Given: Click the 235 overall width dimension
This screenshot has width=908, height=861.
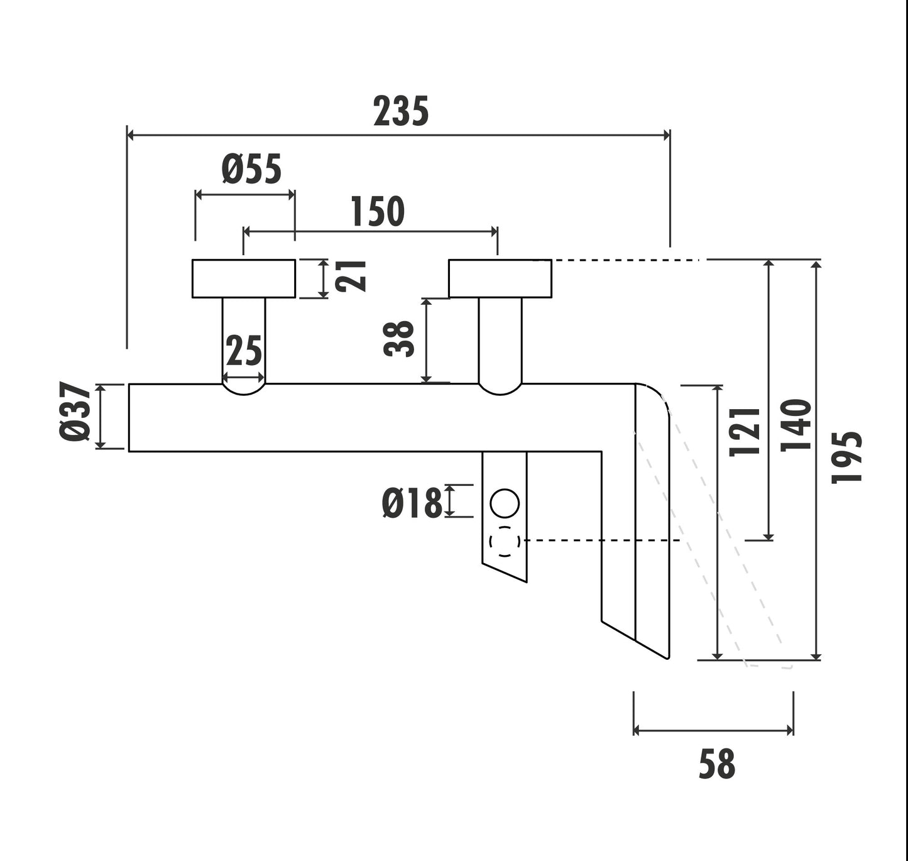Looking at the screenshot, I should (x=401, y=111).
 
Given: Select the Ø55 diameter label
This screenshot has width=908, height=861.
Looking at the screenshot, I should (x=251, y=170).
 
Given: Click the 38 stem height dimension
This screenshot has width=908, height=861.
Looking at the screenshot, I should (x=400, y=339).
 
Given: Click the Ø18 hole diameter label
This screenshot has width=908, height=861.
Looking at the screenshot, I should (x=412, y=503).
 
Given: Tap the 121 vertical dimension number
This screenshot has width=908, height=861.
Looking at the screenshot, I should (x=745, y=431).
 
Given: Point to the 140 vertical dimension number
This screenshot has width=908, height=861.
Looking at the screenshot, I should (x=796, y=425).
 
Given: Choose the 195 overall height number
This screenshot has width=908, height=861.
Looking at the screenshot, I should (x=846, y=457).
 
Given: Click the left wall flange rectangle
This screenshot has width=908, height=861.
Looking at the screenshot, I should (x=243, y=278).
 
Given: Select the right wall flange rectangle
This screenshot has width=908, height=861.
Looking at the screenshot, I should (x=500, y=278).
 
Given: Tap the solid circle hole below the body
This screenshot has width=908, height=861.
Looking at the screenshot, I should (x=504, y=503).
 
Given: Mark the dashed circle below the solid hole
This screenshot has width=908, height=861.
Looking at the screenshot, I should (x=504, y=542).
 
